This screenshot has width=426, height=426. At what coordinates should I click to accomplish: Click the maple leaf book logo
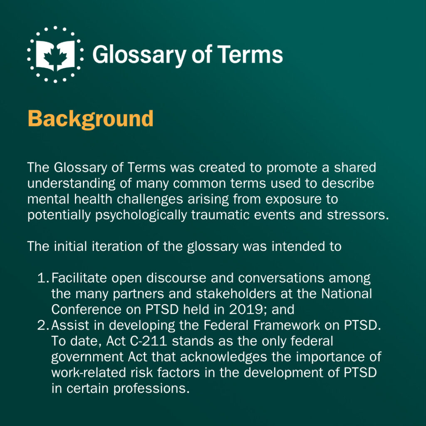55,54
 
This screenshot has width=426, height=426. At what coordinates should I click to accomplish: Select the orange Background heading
91,119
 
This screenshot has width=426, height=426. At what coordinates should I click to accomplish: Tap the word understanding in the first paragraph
71,184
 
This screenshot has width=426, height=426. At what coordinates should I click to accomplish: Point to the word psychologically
141,215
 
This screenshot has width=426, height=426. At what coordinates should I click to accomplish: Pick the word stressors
358,215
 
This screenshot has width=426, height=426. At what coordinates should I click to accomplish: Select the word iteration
117,247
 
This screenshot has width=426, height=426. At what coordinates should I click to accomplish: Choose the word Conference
86,310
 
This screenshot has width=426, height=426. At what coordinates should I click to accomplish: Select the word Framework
286,325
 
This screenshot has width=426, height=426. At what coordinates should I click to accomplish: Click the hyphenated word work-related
89,373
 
